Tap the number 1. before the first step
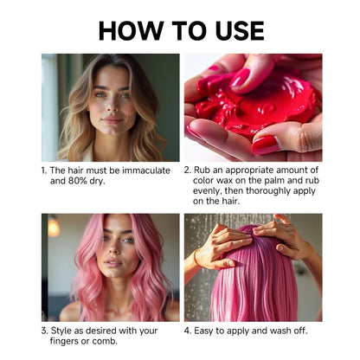click(x=44, y=170)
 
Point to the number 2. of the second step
click(x=188, y=170)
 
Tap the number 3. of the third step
click(x=45, y=330)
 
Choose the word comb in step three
click(x=112, y=341)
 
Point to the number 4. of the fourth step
click(x=188, y=330)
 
